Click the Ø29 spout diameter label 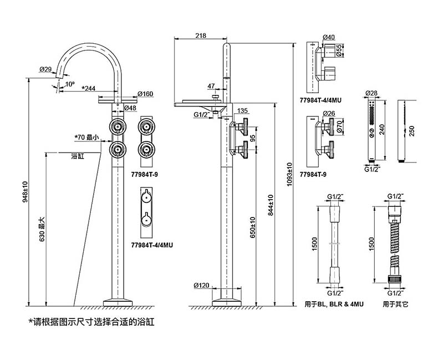(x=45, y=69)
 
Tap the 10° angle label (x=70, y=84)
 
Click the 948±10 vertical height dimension (x=26, y=191)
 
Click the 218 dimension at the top (x=200, y=36)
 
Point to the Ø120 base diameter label (x=201, y=286)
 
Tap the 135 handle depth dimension (x=242, y=111)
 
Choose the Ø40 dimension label (x=329, y=38)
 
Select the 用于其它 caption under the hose (x=394, y=304)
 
